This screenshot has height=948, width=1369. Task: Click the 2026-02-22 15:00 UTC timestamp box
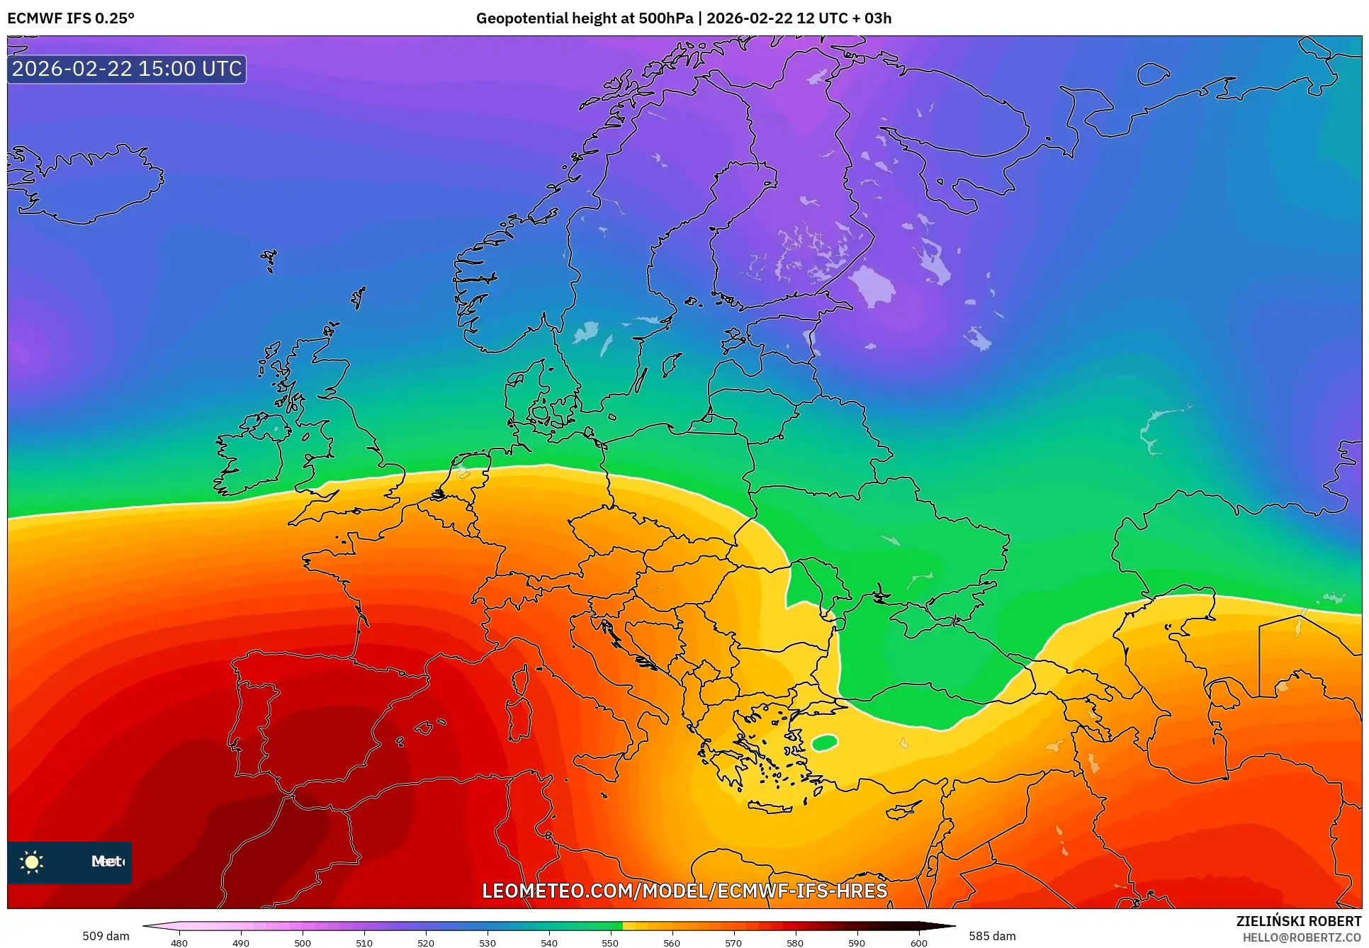[x=127, y=69]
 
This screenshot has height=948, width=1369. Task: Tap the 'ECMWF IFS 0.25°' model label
[x=70, y=18]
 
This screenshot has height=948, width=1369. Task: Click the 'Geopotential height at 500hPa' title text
[x=584, y=18]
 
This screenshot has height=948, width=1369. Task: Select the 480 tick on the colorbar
[x=179, y=942]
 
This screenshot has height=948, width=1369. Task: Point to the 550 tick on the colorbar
[x=610, y=942]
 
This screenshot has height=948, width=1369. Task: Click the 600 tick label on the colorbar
[x=918, y=942]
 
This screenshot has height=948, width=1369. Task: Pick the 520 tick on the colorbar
[x=426, y=942]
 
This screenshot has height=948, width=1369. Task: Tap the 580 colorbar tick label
[x=795, y=942]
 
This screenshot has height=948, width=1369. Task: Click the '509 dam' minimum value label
[x=106, y=936]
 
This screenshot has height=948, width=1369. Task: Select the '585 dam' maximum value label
[x=992, y=936]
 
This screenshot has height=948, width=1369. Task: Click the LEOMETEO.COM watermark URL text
[x=684, y=891]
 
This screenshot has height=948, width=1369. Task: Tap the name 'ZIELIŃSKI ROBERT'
[x=1298, y=921]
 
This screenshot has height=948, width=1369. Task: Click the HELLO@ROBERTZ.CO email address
[x=1302, y=937]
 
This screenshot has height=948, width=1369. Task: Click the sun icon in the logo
[x=32, y=862]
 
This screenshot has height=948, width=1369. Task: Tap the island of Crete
[x=776, y=807]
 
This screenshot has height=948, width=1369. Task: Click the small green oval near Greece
[x=824, y=743]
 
